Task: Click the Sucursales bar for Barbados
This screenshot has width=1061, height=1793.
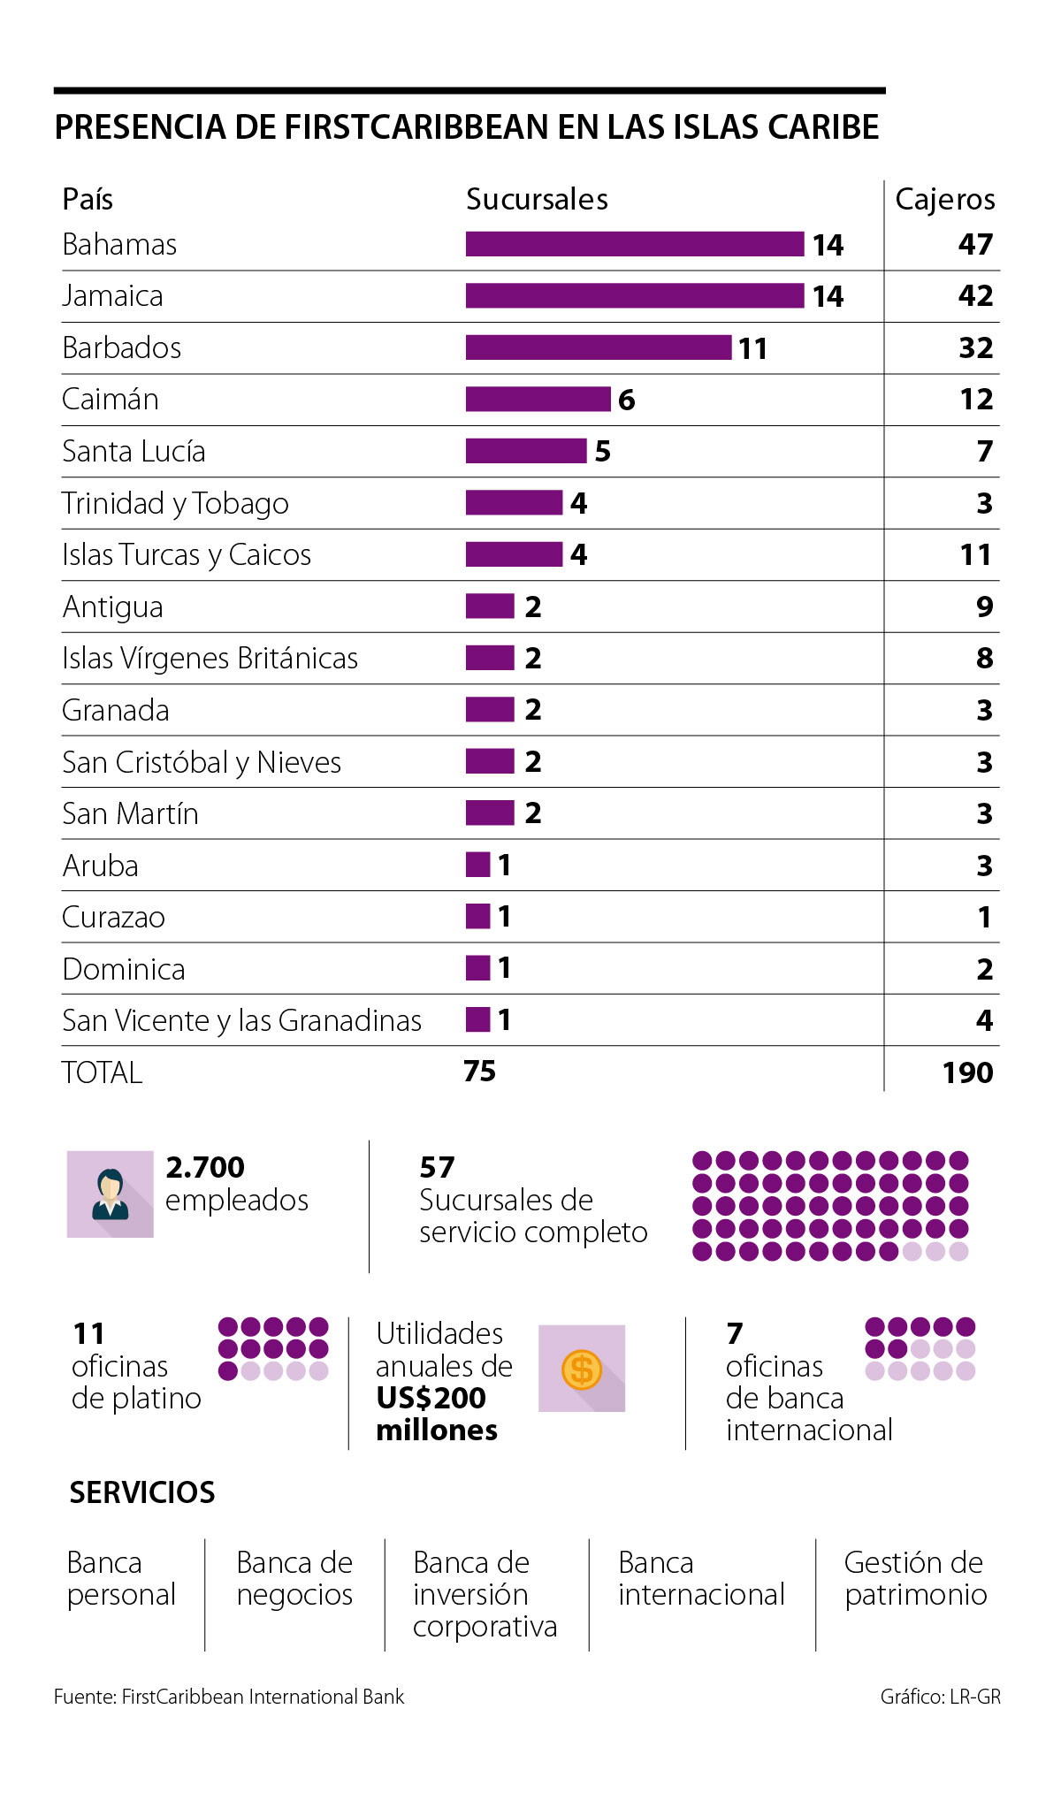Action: tap(599, 347)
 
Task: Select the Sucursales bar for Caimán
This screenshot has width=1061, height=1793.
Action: tap(538, 400)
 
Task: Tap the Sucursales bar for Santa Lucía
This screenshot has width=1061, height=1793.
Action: tap(526, 451)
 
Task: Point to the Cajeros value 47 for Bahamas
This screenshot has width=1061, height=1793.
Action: tap(975, 244)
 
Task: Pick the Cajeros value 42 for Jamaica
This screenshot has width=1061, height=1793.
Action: tap(975, 295)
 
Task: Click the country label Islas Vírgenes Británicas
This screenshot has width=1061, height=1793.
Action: tap(210, 659)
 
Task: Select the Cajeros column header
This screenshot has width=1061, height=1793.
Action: tap(944, 200)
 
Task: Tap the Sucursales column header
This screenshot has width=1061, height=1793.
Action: tap(537, 200)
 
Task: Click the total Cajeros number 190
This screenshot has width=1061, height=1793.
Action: tap(967, 1072)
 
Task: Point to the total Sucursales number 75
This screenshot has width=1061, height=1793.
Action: tap(479, 1072)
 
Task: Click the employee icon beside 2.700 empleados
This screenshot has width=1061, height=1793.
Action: tap(111, 1194)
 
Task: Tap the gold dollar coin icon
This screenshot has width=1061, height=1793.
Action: tap(582, 1370)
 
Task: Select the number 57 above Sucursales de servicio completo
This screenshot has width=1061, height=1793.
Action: tap(437, 1167)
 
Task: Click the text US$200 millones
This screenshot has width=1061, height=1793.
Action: tap(436, 1414)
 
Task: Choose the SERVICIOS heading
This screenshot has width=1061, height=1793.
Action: tap(142, 1492)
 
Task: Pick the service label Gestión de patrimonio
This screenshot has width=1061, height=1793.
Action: tap(915, 1578)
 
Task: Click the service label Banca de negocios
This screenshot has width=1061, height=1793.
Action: tap(294, 1578)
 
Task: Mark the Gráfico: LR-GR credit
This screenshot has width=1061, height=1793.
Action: tap(940, 1697)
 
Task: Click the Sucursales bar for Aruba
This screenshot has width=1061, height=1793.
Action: tap(477, 865)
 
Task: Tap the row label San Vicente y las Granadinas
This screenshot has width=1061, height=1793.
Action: tap(241, 1021)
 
